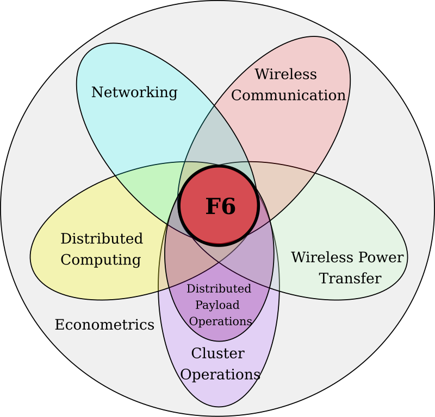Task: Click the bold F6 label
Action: coord(221,206)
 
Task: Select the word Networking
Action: coord(134,92)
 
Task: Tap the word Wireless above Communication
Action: coord(286,74)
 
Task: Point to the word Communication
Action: coord(289,95)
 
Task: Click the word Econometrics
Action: coord(104,325)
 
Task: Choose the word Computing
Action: coord(101,260)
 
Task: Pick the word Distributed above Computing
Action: coord(102,238)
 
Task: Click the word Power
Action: coord(381,257)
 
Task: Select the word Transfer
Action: coord(350,278)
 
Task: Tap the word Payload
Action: coord(217,305)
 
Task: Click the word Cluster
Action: coord(218,353)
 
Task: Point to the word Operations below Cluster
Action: coord(220,375)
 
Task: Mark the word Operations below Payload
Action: coord(221,321)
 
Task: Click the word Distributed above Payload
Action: coord(219,289)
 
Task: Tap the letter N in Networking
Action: coord(97,92)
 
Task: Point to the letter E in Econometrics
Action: coord(60,325)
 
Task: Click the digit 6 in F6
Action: coord(228,206)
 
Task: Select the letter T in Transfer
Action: coord(324,278)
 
